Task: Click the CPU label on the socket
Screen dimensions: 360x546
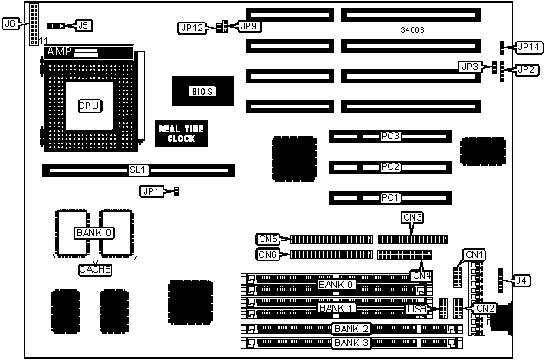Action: click(x=87, y=106)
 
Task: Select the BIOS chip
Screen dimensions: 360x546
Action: click(x=198, y=90)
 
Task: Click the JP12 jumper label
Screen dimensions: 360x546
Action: click(x=194, y=28)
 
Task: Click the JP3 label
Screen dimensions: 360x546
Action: click(x=470, y=67)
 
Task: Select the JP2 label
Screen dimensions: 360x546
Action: click(x=526, y=69)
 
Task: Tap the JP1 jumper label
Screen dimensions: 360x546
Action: click(x=151, y=190)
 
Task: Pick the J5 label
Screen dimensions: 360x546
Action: click(x=83, y=26)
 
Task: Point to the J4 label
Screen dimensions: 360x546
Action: click(x=522, y=280)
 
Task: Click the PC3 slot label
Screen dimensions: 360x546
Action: click(x=391, y=136)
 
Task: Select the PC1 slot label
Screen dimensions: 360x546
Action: click(x=391, y=198)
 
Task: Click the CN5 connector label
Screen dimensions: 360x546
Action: click(x=268, y=239)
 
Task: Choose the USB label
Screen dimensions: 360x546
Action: click(x=416, y=309)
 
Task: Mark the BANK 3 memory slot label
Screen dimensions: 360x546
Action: click(x=351, y=343)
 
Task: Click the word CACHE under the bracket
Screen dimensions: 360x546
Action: click(x=94, y=269)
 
